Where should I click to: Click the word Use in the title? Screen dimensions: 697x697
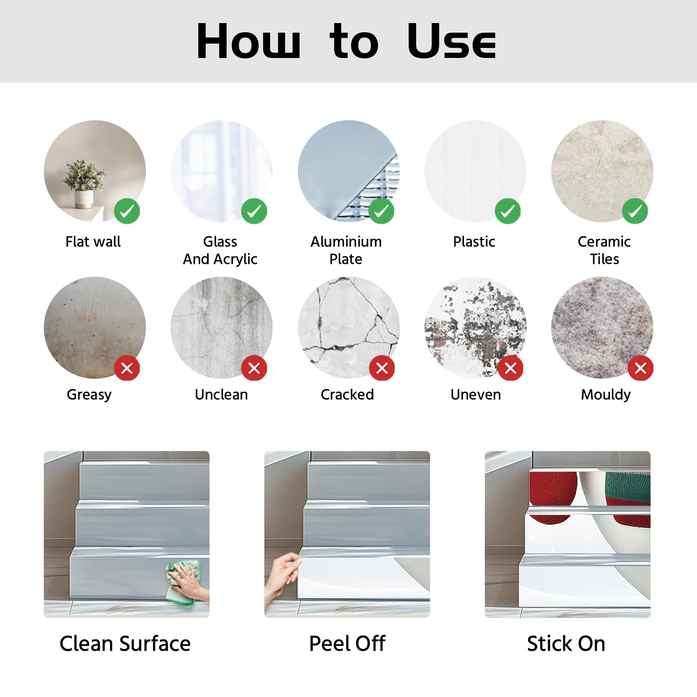click(x=452, y=41)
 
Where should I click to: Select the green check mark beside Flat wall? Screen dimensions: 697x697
click(x=127, y=211)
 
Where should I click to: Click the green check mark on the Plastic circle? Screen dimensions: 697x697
click(x=508, y=211)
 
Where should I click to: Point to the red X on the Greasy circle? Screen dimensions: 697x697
click(x=127, y=368)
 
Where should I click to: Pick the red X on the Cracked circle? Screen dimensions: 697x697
click(x=382, y=368)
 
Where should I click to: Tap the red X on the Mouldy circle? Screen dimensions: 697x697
click(x=640, y=368)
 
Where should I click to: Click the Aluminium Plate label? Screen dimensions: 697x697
click(x=346, y=250)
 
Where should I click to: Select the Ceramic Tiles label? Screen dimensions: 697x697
click(x=604, y=250)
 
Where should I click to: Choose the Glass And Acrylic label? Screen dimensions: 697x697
click(x=220, y=250)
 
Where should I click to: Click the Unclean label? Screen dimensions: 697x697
click(x=221, y=394)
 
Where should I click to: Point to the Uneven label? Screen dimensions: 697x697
click(x=476, y=394)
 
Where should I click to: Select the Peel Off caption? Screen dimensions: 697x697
click(x=347, y=643)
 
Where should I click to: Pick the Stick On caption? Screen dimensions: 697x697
click(x=566, y=643)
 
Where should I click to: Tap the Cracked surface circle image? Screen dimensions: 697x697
click(x=348, y=328)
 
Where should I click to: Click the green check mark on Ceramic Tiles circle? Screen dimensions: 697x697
click(x=635, y=211)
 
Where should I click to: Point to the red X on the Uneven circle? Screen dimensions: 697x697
click(x=511, y=368)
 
